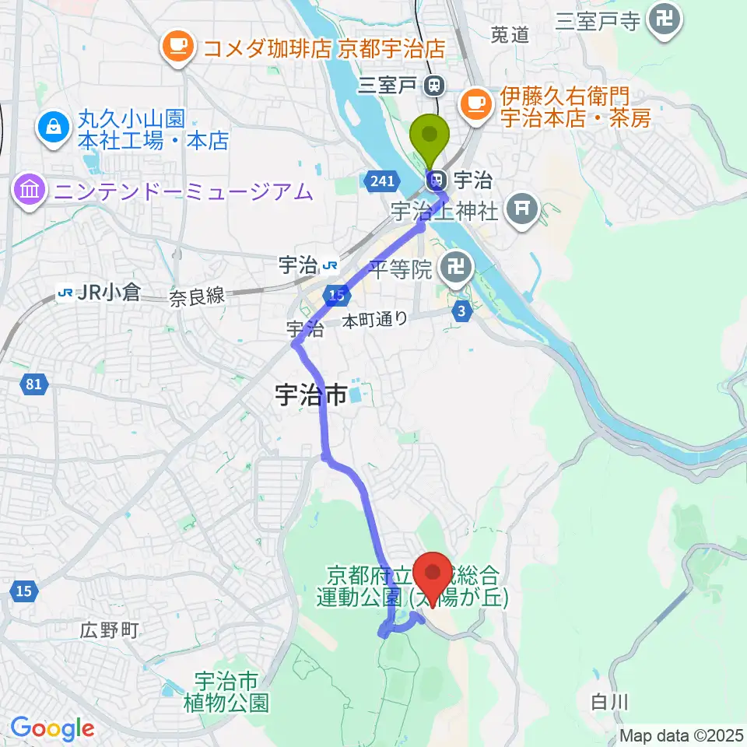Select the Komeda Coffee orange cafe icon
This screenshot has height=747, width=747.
pos(177,47)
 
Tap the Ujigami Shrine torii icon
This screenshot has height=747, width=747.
pos(519,208)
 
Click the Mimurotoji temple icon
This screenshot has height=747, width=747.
pos(665,19)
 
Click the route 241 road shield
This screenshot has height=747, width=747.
pos(381,181)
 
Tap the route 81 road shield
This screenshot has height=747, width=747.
pos(33,384)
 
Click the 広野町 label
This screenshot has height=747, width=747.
pos(109,630)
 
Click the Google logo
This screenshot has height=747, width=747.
pos(52,728)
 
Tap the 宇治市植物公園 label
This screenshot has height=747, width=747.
pos(226,693)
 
